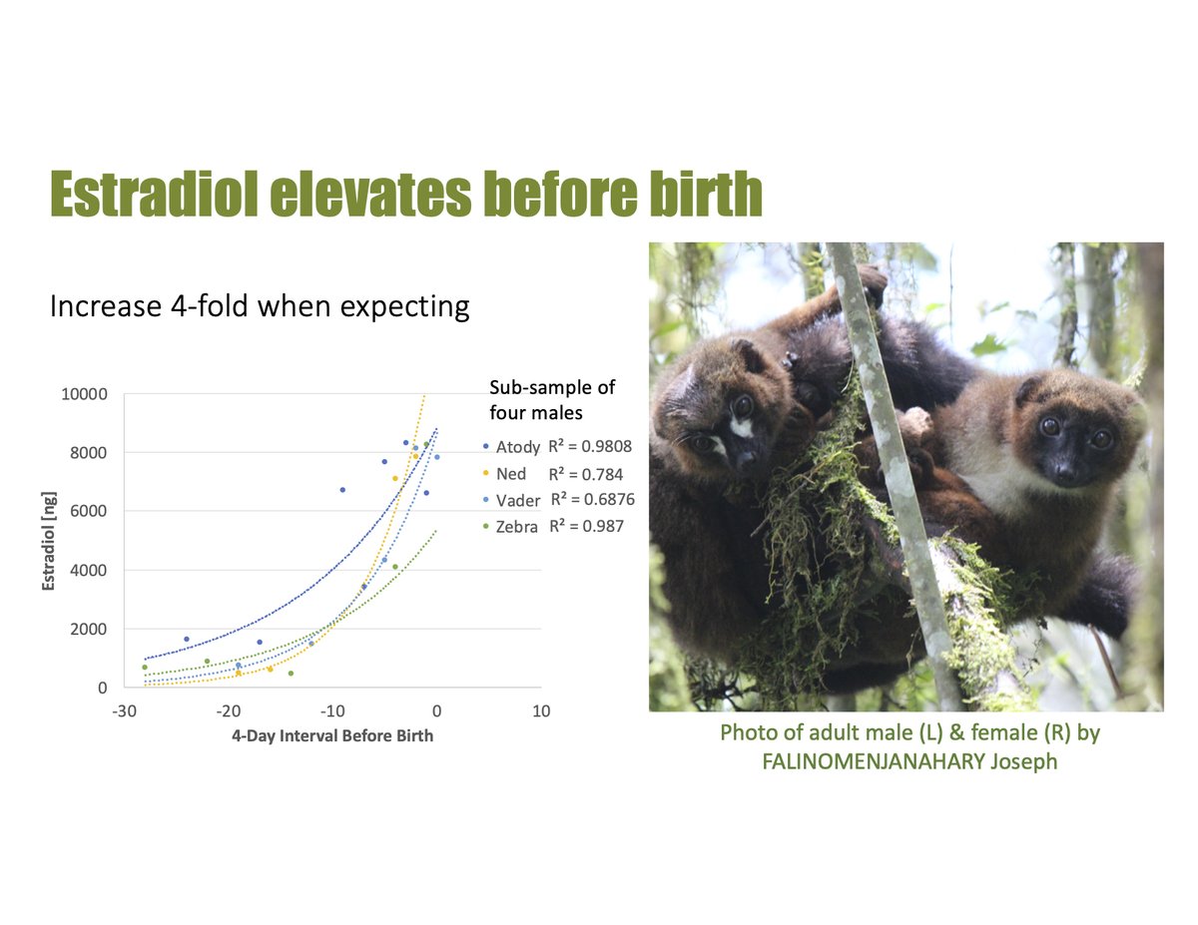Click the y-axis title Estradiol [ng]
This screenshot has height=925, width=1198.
(48, 540)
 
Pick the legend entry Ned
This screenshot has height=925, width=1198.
(510, 473)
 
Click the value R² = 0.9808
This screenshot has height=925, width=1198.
(590, 445)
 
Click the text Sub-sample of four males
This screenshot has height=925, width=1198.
(551, 398)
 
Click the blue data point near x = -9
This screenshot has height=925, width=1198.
(342, 489)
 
